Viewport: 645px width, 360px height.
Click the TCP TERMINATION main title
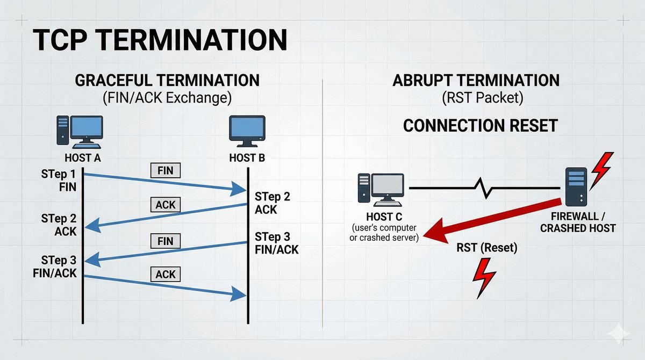(x=160, y=40)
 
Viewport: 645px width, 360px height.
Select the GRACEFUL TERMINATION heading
(x=167, y=81)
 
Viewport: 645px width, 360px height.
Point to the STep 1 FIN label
(x=59, y=181)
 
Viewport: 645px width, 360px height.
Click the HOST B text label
(x=247, y=159)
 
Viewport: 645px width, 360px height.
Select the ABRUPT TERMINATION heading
(x=476, y=81)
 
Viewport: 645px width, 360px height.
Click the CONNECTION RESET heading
(x=480, y=126)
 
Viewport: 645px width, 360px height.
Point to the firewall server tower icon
(x=576, y=186)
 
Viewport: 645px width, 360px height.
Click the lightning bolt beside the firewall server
(x=601, y=169)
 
